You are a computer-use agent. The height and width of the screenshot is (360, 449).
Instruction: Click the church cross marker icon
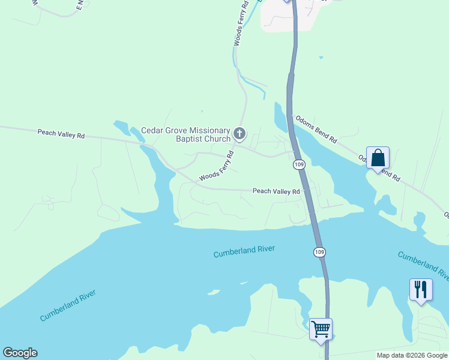pyautogui.click(x=240, y=133)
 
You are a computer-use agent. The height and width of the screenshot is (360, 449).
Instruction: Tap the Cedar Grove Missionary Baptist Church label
pyautogui.click(x=185, y=135)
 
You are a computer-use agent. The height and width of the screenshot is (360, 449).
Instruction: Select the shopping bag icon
pyautogui.click(x=378, y=158)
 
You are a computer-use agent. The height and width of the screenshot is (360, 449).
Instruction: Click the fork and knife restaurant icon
pyautogui.click(x=420, y=289)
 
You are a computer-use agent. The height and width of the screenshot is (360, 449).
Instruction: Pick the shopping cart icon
pyautogui.click(x=321, y=328)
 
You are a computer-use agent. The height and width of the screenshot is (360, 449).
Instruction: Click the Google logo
pyautogui.click(x=20, y=353)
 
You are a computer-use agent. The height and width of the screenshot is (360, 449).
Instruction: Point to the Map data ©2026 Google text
pyautogui.click(x=412, y=355)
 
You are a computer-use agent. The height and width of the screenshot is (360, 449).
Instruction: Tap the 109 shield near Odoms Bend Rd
pyautogui.click(x=299, y=164)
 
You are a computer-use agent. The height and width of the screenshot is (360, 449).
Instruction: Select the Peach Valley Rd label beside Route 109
pyautogui.click(x=276, y=191)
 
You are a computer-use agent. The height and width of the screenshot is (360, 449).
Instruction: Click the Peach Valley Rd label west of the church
pyautogui.click(x=61, y=133)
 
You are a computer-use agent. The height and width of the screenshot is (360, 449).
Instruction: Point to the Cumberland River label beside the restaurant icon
pyautogui.click(x=423, y=265)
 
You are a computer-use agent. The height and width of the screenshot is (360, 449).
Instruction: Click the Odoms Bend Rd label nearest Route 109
pyautogui.click(x=315, y=129)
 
